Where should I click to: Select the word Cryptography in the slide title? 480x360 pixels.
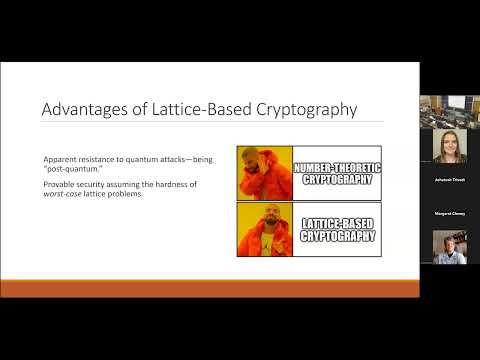(304, 110)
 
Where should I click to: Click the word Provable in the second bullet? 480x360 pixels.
(59, 185)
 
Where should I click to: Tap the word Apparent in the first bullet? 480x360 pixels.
(60, 161)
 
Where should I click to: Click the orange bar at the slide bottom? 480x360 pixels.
(210, 288)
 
